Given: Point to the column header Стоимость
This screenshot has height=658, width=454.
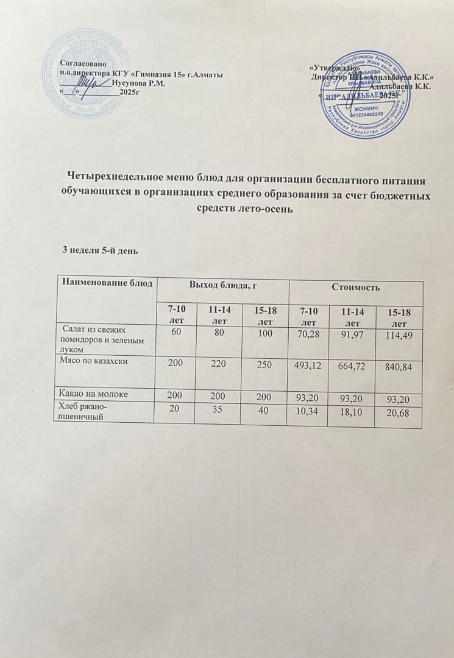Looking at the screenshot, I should pos(355,285).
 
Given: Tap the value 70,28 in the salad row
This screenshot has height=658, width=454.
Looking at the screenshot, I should pos(308,335).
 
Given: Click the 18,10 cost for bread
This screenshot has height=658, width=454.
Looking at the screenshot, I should pos(354,413).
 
